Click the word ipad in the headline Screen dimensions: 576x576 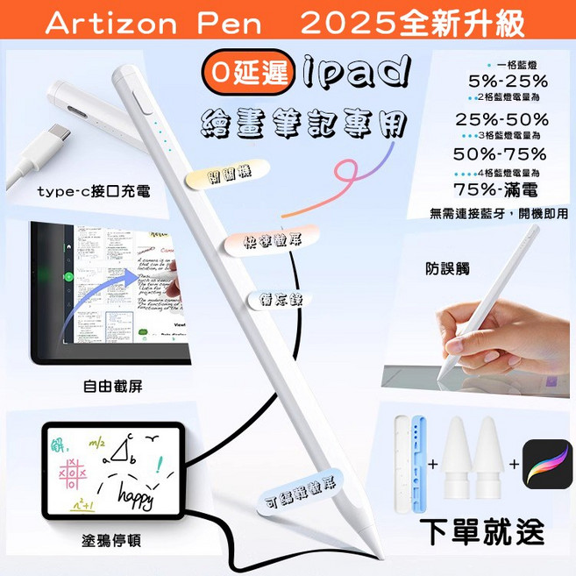click(351, 73)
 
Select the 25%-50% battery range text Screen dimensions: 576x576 click(501, 119)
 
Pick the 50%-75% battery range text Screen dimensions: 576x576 click(501, 153)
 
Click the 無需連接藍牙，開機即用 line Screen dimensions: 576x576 click(499, 213)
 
